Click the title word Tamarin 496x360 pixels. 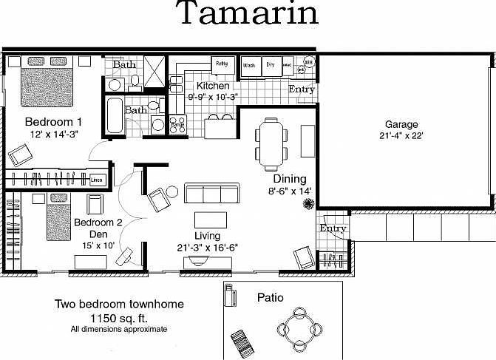(x=248, y=14)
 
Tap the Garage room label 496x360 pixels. (x=401, y=124)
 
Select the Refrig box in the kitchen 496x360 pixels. (x=222, y=64)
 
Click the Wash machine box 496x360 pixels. (x=249, y=65)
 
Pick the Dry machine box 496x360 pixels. (x=271, y=65)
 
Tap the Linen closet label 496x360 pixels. (x=96, y=180)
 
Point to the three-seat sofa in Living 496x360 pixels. (x=211, y=194)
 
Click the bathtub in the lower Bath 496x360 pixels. (x=114, y=115)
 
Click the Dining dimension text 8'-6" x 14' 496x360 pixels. (x=289, y=191)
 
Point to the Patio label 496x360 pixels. (x=271, y=298)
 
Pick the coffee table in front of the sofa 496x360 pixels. (x=211, y=220)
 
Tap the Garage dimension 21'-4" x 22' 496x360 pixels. (x=401, y=136)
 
